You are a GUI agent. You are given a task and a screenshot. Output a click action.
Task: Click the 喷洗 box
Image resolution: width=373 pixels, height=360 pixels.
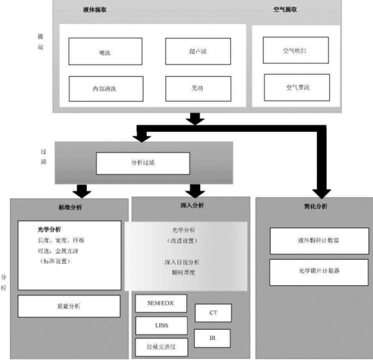tap(105, 51)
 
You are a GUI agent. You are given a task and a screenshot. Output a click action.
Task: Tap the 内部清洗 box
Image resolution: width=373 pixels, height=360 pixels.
tap(105, 88)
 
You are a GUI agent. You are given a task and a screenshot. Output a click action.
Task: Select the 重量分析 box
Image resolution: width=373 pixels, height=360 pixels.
tap(69, 305)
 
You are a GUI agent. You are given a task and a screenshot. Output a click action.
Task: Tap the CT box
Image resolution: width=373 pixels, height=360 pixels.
tap(213, 313)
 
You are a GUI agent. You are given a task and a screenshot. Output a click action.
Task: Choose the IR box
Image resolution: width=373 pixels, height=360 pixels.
tap(213, 337)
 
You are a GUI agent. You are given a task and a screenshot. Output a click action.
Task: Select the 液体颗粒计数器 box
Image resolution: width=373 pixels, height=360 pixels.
tap(319, 240)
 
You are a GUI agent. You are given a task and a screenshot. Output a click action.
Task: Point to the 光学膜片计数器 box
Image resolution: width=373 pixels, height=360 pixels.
tap(319, 271)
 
